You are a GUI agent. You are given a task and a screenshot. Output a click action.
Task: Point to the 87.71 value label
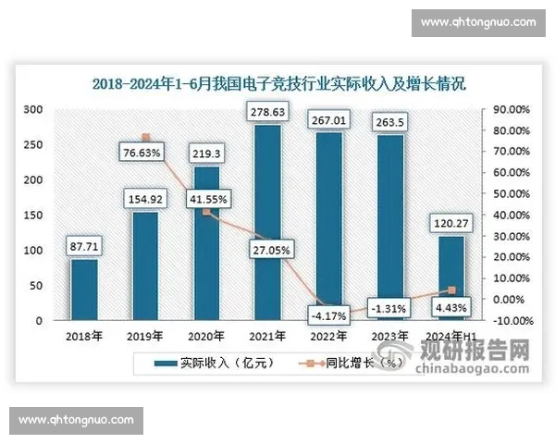coord(83,246)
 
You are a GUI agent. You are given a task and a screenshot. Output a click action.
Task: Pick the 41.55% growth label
coord(206,198)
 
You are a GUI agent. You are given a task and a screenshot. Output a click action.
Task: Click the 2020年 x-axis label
coord(206,336)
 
